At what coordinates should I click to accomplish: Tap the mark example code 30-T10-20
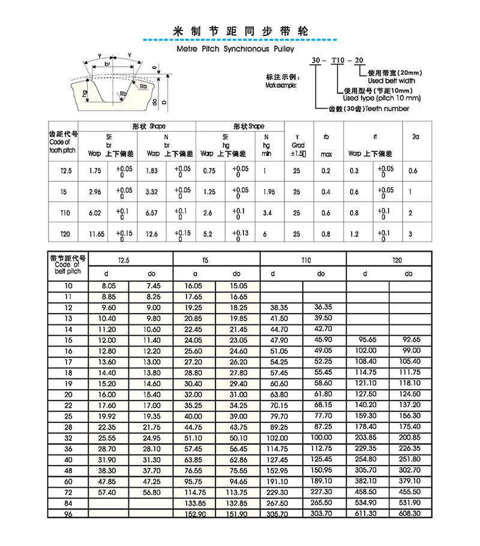[x=337, y=61]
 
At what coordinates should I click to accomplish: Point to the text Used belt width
[x=391, y=80]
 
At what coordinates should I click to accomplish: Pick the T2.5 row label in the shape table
[x=65, y=171]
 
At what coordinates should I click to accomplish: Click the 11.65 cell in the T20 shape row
[x=95, y=234]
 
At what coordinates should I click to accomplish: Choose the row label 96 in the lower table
[x=67, y=514]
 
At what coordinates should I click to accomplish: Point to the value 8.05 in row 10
[x=109, y=286]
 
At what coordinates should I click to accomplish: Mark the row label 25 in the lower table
[x=67, y=416]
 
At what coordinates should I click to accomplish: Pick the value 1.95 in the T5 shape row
[x=268, y=192]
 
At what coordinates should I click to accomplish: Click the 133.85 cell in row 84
[x=195, y=503]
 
